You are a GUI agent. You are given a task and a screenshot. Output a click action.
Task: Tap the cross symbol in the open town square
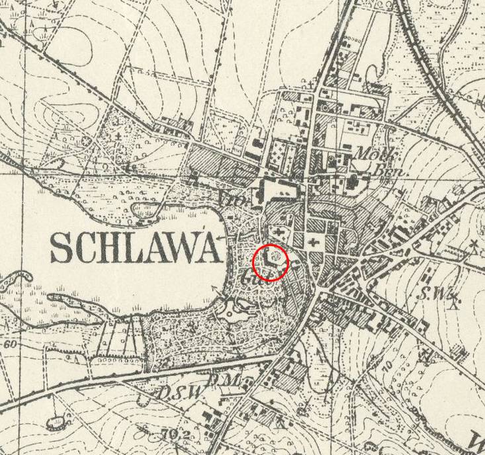pyautogui.click(x=312, y=242)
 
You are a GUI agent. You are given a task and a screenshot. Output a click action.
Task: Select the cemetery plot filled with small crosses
pyautogui.click(x=278, y=153)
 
